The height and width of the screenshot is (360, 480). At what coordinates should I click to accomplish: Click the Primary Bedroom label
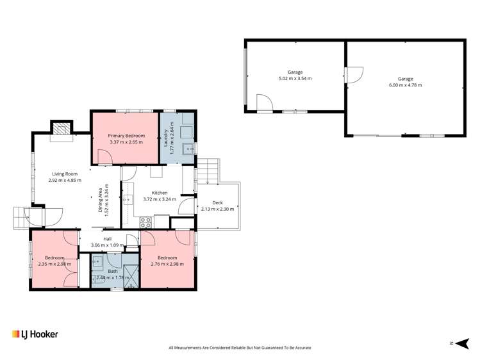(126, 135)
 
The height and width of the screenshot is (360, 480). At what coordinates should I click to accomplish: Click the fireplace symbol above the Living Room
(62, 128)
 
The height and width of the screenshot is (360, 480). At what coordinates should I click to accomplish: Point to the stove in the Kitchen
(145, 223)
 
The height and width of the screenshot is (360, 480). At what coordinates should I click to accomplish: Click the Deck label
(217, 202)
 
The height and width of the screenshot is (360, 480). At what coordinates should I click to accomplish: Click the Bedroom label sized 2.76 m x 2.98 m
(167, 258)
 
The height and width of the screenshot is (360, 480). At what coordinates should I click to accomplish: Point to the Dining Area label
(100, 200)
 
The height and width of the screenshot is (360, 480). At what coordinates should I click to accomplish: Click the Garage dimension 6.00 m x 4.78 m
(405, 85)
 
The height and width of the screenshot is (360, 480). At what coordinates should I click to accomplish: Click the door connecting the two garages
(351, 75)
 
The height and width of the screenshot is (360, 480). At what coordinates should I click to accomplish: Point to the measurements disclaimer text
(240, 348)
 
